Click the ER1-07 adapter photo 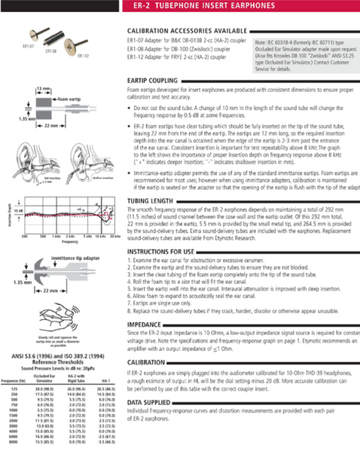[x=33, y=36]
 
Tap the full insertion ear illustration [x=32, y=162]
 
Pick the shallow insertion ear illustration [x=89, y=162]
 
